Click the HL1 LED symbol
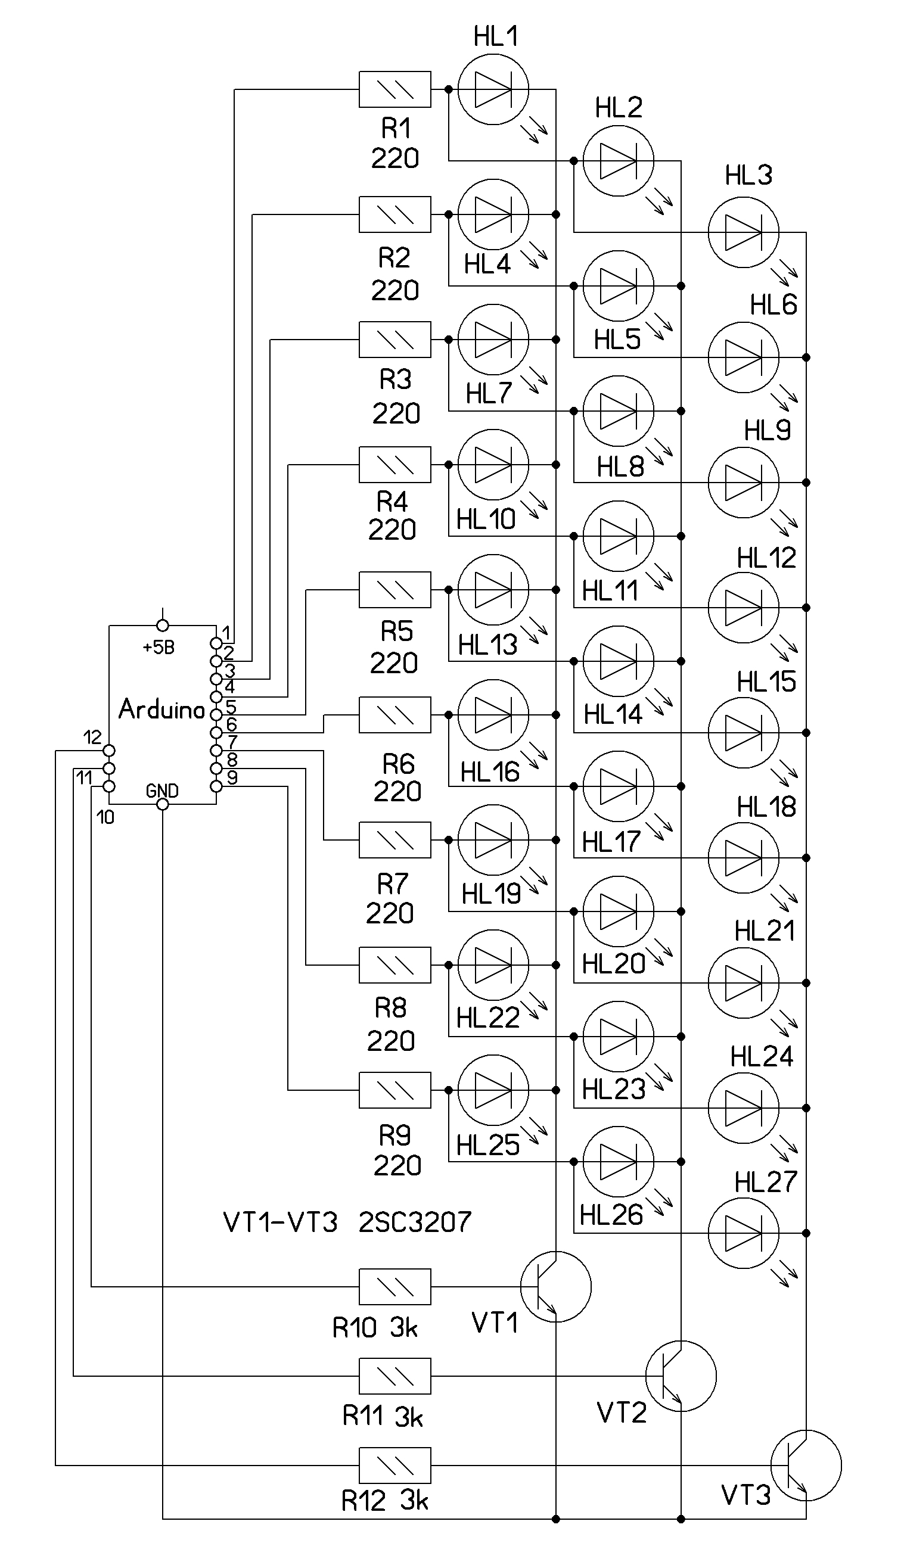pos(493,89)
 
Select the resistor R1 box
pos(395,89)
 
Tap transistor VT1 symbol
pos(555,1287)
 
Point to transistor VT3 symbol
pos(806,1466)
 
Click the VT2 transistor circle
pos(681,1376)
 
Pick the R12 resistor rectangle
pos(395,1466)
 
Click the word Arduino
pos(161,709)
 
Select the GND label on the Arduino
pos(162,791)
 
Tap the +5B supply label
pos(159,648)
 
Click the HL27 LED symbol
pos(743,1234)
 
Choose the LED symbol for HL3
pos(743,233)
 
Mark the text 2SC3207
pos(415,1222)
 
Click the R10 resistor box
pos(395,1287)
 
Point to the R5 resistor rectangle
pos(395,589)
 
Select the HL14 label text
pos(613,715)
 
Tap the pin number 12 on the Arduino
pos(92,737)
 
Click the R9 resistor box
pos(395,1090)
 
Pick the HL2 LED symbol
pos(619,161)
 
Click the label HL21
pos(765,931)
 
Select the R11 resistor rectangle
pos(395,1376)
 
